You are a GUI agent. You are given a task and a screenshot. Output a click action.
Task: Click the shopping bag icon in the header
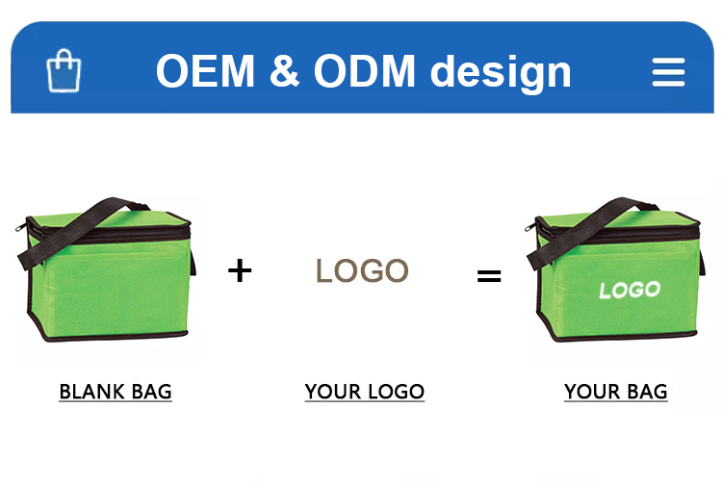pos(64,71)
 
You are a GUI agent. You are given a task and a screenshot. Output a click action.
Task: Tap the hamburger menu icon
pos(669,72)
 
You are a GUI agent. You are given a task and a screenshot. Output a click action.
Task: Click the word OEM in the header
pos(205,70)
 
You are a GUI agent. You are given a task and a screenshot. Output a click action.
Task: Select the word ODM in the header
pos(365,70)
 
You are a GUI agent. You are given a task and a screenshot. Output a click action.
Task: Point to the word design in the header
pos(501,73)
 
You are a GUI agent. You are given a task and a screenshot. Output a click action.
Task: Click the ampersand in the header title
pos(284,70)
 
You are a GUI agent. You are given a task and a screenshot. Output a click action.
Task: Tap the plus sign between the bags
pos(240,270)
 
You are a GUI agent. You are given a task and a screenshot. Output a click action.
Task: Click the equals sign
pos(489,276)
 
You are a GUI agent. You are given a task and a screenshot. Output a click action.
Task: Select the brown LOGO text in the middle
pos(362,270)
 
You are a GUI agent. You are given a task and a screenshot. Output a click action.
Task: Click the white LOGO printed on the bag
pos(630,290)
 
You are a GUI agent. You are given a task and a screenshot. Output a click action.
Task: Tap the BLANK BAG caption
pos(116,392)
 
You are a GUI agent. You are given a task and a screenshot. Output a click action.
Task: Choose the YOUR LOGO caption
pos(365,392)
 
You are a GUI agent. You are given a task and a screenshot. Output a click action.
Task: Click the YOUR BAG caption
pos(616,392)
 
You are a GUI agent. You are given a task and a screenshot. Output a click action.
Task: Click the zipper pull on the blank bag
pos(20,228)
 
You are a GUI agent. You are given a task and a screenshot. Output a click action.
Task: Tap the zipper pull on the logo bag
pos(529,227)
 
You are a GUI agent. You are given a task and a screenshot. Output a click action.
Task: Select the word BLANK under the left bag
pos(92,392)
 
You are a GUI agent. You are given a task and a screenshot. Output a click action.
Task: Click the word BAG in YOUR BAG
pos(648,392)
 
